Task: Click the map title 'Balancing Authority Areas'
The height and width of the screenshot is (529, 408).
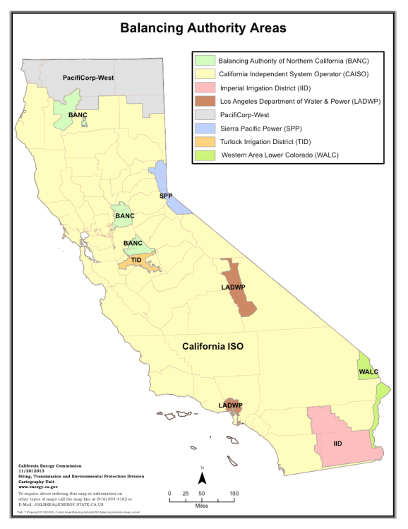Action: pos(203,28)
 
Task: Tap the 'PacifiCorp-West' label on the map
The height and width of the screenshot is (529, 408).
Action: pos(88,77)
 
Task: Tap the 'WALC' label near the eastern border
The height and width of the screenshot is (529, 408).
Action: pos(368,372)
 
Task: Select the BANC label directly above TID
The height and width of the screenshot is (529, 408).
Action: pos(133,243)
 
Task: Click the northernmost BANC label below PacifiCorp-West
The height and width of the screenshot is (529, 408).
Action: pos(78,114)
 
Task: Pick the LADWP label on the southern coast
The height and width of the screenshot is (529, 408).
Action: pos(231,405)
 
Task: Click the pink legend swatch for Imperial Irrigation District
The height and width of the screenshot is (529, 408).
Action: pos(205,87)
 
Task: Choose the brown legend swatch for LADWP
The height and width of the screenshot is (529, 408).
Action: pos(205,101)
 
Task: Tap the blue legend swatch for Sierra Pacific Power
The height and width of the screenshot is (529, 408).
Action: pos(205,128)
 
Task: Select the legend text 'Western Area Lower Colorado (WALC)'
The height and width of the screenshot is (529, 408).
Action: pos(286,155)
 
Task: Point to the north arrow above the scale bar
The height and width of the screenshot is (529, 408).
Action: pos(202,477)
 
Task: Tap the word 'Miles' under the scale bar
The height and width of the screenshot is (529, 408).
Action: pos(201,506)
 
